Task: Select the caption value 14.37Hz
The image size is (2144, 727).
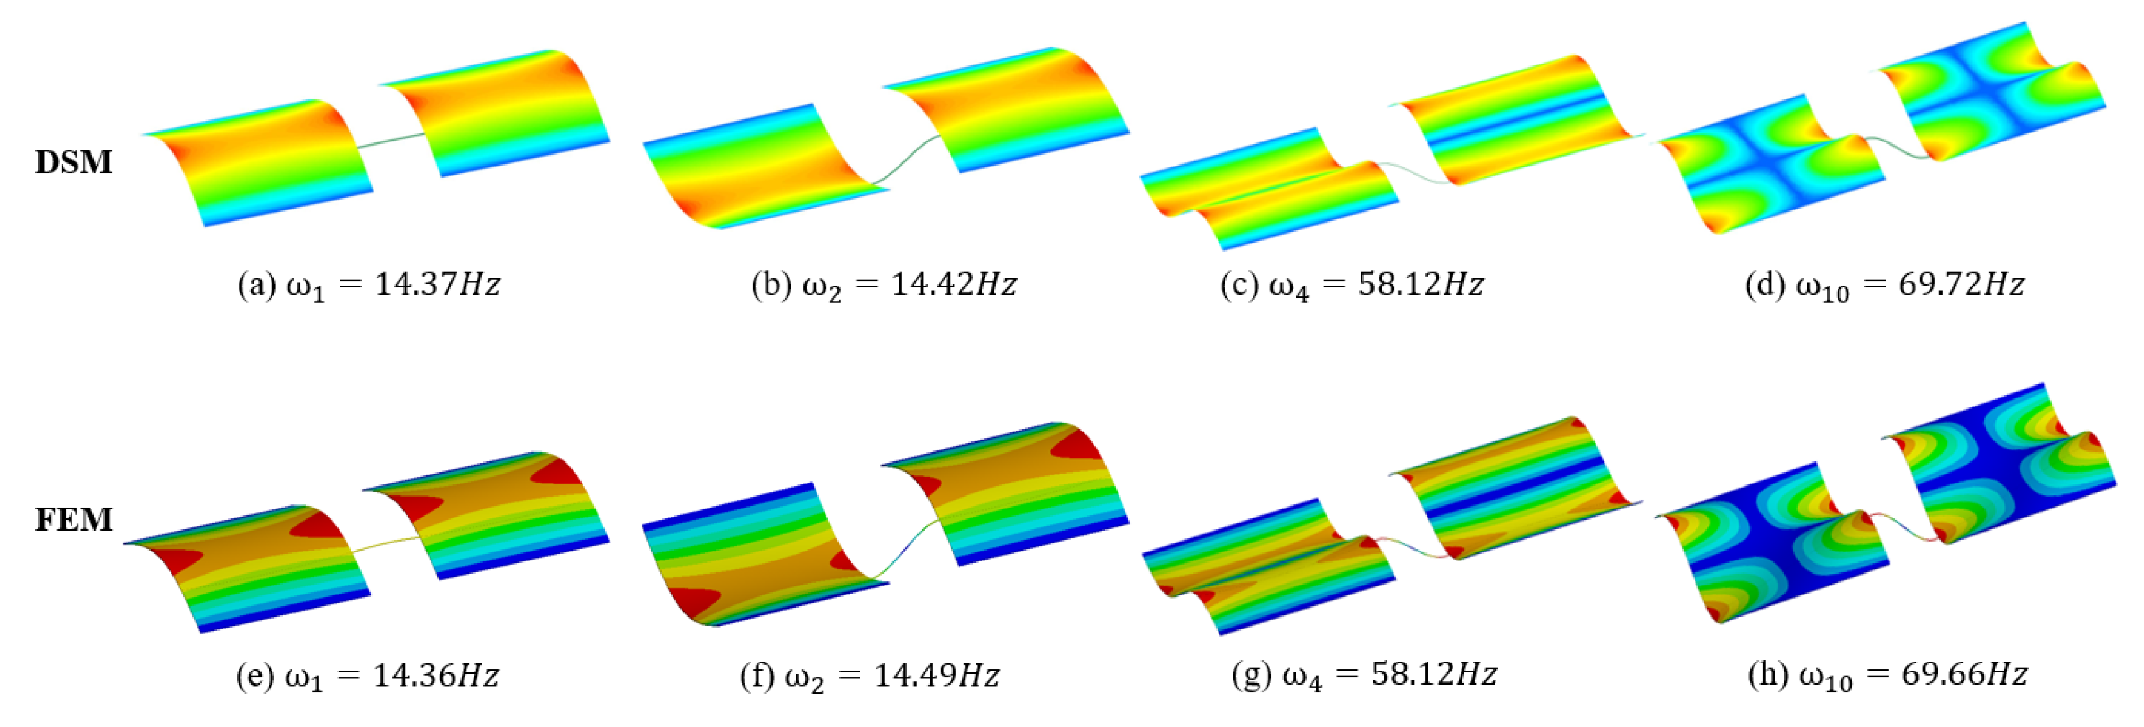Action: pos(438,285)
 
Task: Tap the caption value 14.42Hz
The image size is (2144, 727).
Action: pos(954,285)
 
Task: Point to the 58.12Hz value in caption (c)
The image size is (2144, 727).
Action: pos(1421,285)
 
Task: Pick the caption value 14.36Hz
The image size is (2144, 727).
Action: pos(436,674)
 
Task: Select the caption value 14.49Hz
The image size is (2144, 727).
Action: pos(936,674)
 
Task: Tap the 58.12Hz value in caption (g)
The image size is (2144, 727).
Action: pos(1434,674)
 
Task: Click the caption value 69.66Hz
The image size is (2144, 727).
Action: pos(1964,674)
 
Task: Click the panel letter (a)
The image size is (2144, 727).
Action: pos(256,285)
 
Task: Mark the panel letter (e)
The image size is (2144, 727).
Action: pos(255,674)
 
